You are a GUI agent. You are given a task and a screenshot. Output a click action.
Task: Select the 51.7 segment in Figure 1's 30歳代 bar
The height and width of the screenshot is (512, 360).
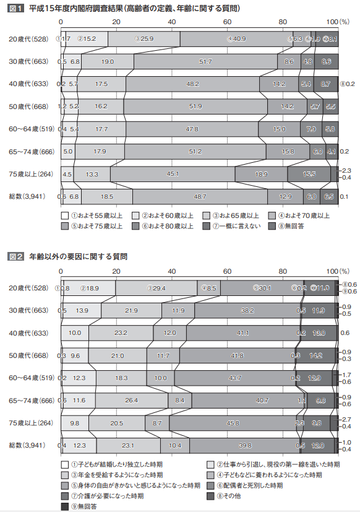206,61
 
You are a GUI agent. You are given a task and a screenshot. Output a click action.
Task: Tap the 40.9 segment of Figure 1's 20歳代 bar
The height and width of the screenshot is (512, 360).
236,38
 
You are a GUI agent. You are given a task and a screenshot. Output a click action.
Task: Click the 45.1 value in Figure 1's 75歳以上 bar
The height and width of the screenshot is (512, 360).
173,174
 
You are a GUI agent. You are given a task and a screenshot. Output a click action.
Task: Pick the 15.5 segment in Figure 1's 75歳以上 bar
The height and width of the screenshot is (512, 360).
309,174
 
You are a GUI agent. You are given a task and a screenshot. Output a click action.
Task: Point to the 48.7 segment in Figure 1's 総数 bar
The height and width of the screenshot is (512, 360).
200,196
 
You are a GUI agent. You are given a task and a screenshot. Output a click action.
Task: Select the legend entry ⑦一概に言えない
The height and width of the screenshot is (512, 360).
234,226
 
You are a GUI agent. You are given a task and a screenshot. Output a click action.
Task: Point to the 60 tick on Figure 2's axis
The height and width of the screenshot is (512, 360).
227,272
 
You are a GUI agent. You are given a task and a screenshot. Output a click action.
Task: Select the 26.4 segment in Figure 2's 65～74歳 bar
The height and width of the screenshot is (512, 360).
131,401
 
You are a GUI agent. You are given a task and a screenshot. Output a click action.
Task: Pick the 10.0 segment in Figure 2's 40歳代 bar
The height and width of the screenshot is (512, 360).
75,333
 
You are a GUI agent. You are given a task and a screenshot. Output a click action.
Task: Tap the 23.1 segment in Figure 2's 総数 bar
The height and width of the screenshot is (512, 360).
128,446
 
